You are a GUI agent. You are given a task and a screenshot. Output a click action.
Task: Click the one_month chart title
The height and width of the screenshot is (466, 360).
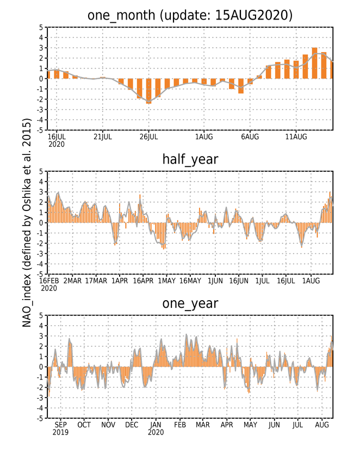tap(190, 15)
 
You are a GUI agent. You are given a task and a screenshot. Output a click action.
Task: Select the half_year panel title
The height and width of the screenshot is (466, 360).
tap(190, 159)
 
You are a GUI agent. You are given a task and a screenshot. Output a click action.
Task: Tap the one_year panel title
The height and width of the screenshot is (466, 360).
tap(190, 303)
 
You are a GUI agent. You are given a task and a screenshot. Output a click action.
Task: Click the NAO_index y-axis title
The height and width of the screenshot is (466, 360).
tap(27, 222)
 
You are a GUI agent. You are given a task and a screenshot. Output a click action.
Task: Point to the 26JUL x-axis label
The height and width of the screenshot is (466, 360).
tap(148, 137)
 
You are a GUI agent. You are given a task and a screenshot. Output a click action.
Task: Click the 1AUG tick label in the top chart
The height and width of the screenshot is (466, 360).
tap(204, 137)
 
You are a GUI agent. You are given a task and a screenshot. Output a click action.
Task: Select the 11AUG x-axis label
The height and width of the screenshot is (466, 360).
tap(296, 137)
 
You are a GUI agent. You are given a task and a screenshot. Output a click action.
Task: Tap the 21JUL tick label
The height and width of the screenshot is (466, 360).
tap(103, 137)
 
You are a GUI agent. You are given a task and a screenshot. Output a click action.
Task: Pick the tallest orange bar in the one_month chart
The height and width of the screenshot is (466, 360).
tap(314, 63)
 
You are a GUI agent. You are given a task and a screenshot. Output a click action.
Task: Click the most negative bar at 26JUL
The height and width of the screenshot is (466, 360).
tap(148, 91)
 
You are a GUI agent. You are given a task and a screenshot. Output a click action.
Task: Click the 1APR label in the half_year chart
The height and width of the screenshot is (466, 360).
tap(120, 281)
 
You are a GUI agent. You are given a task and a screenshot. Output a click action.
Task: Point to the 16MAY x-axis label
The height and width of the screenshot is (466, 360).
tap(190, 281)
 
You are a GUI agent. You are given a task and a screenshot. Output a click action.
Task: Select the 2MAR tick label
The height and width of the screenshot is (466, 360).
tap(72, 281)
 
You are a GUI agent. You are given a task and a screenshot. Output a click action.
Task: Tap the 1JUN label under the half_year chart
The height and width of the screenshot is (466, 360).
tap(215, 281)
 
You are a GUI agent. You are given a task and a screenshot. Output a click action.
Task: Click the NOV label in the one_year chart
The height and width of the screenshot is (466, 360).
tap(108, 425)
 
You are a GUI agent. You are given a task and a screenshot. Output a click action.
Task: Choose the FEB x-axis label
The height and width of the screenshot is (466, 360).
tap(179, 425)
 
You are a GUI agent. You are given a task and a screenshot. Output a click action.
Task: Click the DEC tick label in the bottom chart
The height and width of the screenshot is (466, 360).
tap(132, 425)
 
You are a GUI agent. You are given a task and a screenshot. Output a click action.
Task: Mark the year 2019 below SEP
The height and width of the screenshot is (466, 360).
tap(60, 432)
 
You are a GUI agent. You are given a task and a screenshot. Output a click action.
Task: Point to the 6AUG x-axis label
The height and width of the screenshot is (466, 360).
tap(250, 137)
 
